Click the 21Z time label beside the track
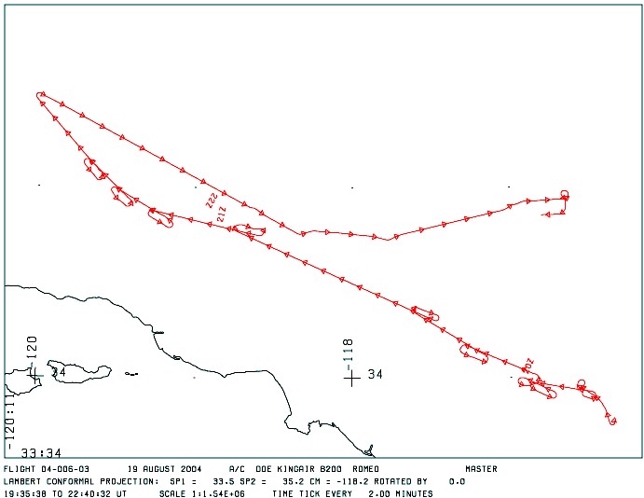(x=221, y=214)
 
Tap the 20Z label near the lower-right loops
(x=528, y=363)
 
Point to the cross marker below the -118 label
(x=350, y=377)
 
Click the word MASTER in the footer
(x=481, y=469)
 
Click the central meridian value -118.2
(x=327, y=481)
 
